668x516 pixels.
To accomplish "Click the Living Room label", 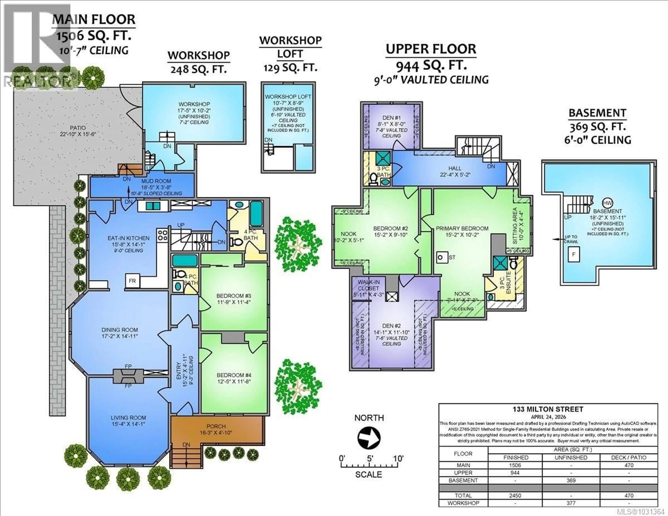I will coord(128,418).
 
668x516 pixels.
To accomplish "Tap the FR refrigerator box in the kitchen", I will coord(132,281).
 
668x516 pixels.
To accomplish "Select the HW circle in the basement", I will coord(607,203).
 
